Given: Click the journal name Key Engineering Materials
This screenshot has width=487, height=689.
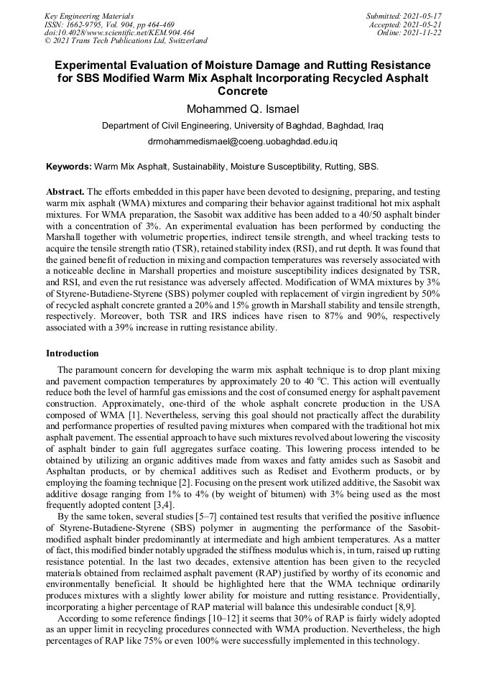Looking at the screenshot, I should click(88, 15).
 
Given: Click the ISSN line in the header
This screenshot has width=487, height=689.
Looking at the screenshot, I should click(108, 24).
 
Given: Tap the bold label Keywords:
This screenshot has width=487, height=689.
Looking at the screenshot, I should click(69, 167).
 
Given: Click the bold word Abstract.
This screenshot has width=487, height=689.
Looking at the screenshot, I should click(65, 193).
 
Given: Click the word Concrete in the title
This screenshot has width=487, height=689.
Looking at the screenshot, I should click(242, 91).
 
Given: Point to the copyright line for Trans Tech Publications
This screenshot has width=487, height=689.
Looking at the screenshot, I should click(126, 41).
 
